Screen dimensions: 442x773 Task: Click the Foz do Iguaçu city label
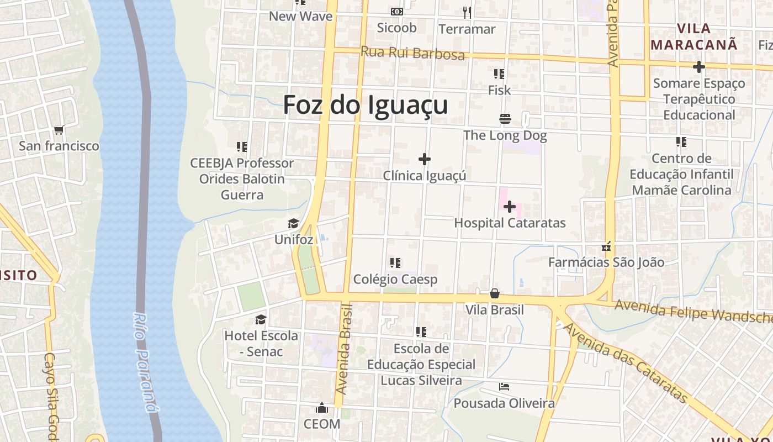click(365, 105)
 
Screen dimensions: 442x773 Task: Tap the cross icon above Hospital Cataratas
click(510, 207)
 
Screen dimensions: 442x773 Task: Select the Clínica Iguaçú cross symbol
click(424, 159)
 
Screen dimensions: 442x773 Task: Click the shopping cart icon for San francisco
click(59, 130)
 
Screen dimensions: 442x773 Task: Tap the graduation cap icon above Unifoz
click(293, 224)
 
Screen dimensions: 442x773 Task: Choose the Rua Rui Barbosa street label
click(412, 53)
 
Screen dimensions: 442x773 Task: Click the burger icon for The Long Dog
click(505, 119)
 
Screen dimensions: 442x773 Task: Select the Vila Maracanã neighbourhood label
click(693, 36)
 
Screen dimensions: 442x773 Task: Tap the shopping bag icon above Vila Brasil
click(495, 293)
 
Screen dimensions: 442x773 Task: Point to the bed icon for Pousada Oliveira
click(504, 387)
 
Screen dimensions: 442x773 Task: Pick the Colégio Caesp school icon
click(395, 263)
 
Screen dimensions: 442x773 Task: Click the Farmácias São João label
click(606, 262)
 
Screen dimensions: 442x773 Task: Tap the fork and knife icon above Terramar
click(467, 12)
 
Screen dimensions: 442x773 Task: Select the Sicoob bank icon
click(396, 12)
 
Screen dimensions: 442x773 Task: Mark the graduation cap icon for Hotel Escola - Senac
click(261, 320)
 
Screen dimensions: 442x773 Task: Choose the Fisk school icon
click(499, 74)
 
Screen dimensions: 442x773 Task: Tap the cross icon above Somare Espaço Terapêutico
click(698, 67)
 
